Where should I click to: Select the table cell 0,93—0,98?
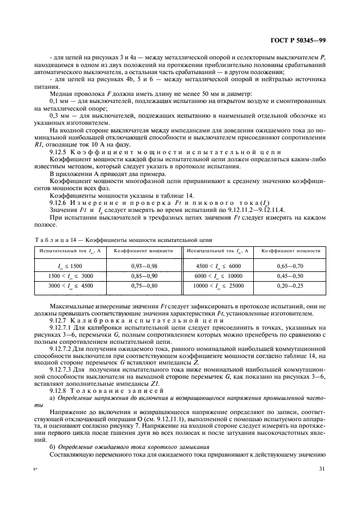click(x=144, y=266)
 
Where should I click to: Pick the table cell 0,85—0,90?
click(x=144, y=276)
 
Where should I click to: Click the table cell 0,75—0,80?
click(x=144, y=286)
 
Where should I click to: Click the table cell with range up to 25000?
click(x=217, y=286)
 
